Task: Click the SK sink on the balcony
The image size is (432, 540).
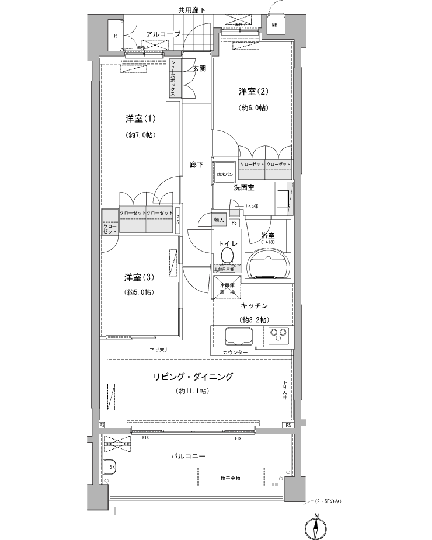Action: coord(112,466)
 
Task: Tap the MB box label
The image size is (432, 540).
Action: coord(273,25)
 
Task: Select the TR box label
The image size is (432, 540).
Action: coord(114,36)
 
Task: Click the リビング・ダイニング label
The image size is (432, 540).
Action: coord(193,377)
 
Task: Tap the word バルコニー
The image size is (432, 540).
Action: coord(188,456)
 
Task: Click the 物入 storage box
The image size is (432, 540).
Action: coord(219,220)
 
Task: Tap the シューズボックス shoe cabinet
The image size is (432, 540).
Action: coord(174,81)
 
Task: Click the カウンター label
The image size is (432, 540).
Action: coord(235,353)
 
